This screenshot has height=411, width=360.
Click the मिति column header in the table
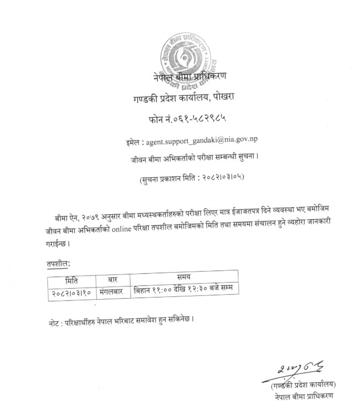[x=71, y=279]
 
